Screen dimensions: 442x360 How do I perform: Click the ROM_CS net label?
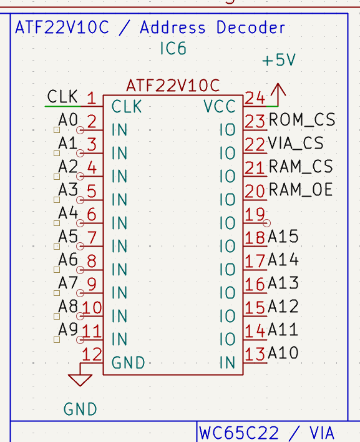301,120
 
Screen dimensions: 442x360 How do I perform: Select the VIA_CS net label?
296,143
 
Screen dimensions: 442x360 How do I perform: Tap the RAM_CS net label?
300,167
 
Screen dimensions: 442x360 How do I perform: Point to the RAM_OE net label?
300,190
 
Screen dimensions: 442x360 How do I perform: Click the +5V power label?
278,61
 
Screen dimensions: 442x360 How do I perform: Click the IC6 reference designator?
173,49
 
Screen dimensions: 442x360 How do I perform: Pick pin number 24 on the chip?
255,98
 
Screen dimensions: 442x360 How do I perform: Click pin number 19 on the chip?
255,215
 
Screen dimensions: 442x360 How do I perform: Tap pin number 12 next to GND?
92,355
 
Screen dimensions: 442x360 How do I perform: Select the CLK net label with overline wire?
63,97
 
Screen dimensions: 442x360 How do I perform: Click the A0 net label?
68,119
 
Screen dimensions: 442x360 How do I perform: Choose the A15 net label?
283,237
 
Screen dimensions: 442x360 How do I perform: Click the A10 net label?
283,353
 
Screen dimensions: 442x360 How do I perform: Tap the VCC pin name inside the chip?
220,107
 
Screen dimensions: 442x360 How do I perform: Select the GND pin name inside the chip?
128,363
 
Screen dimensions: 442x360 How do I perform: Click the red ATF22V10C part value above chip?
173,85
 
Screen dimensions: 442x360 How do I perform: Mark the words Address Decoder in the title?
212,27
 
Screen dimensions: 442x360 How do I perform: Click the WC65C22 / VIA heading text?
266,433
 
